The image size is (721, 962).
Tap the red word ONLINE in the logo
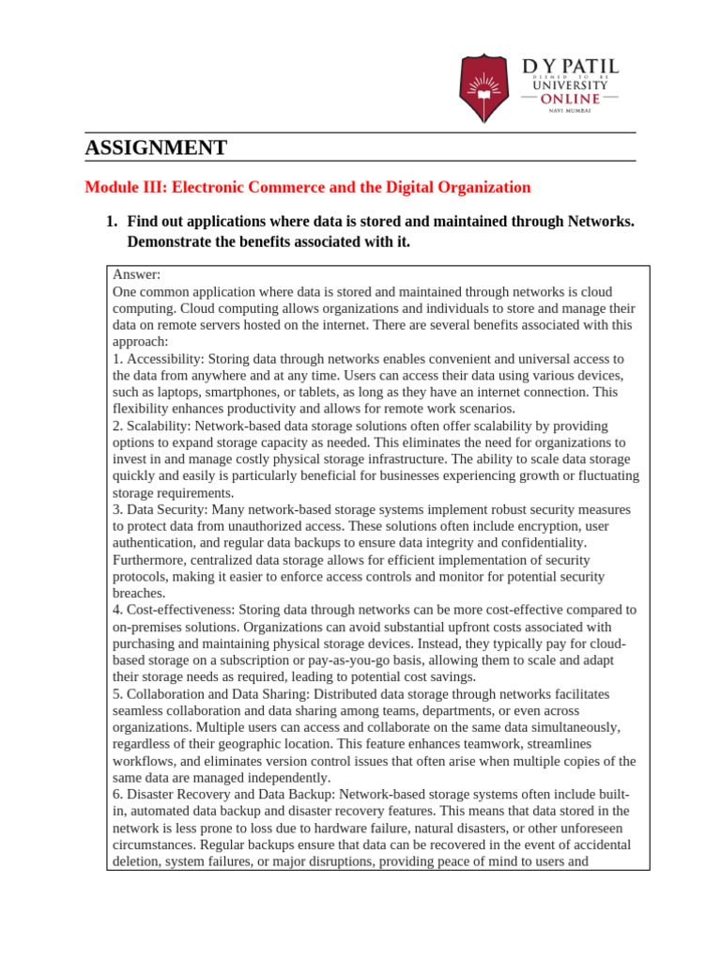tap(571, 99)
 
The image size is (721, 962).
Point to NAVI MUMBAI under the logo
tap(570, 113)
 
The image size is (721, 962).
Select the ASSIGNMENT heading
tap(156, 147)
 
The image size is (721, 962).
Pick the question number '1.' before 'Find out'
tap(111, 222)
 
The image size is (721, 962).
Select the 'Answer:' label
tap(137, 274)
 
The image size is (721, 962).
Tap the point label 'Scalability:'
tap(153, 427)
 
